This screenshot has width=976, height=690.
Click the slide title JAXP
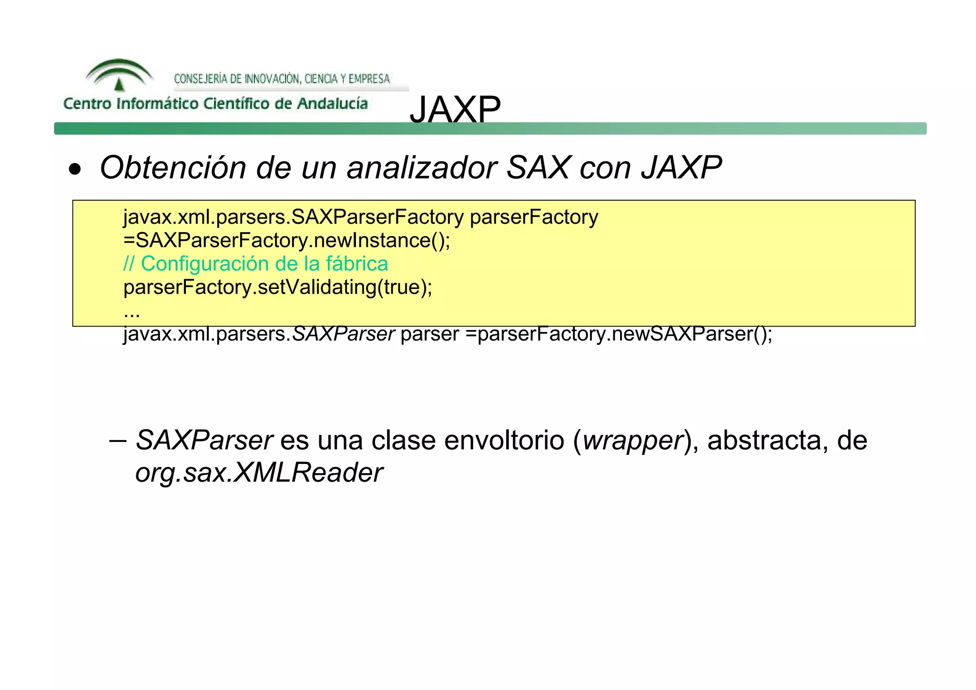coord(455,109)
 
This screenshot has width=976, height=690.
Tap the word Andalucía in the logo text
coord(332,103)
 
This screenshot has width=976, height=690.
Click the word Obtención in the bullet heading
coord(173,168)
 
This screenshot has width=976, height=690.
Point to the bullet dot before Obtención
coord(75,169)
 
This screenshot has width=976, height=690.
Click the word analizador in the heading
coord(422,168)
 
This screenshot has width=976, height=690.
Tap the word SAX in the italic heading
coord(538,168)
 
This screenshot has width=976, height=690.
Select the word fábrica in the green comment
coord(357,264)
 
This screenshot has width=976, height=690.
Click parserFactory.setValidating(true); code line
coord(278,288)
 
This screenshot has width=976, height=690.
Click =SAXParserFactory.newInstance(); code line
coord(286,240)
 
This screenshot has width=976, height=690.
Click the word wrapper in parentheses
coord(633,440)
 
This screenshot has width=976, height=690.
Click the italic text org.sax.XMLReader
coord(259,473)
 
